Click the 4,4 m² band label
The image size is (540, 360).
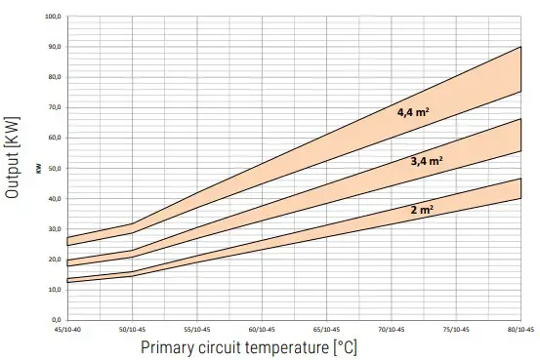pos(413,112)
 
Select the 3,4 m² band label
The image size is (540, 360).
pos(427,160)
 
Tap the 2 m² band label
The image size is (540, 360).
pos(422,209)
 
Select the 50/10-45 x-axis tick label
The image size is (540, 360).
pos(131,330)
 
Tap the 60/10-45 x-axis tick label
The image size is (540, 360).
pos(263,330)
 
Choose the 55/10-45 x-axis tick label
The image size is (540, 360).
pos(196,330)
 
